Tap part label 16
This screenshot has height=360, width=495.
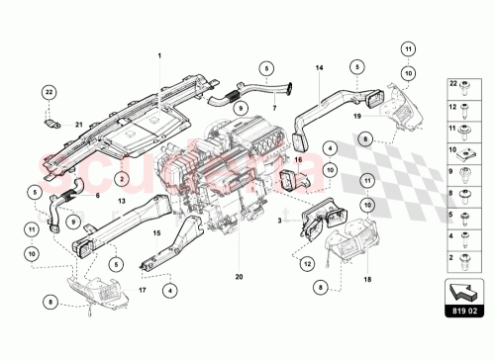coord(298,156)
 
